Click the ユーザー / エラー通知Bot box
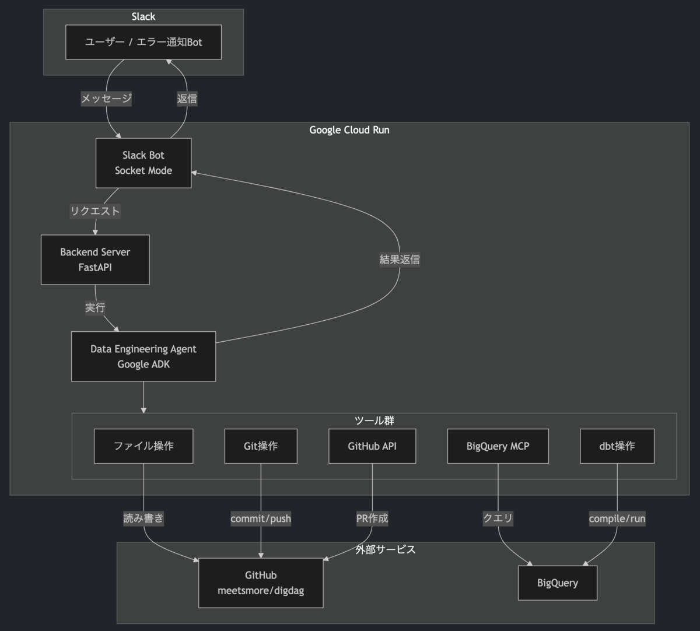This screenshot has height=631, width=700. [x=143, y=42]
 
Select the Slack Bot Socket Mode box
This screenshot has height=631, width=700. [x=143, y=163]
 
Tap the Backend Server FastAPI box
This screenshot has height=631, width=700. [x=95, y=260]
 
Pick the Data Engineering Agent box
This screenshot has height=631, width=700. [x=143, y=356]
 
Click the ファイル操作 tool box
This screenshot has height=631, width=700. [x=143, y=446]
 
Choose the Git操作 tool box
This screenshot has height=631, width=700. [x=261, y=446]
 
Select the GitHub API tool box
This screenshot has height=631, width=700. [x=372, y=446]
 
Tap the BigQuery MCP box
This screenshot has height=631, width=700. [x=498, y=446]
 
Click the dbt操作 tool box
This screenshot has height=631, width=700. [x=617, y=446]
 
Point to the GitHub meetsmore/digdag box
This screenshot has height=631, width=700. [x=261, y=583]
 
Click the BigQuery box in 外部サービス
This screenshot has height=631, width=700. [x=558, y=583]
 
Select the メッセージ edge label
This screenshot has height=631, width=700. [x=106, y=99]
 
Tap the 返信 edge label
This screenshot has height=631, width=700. [x=187, y=99]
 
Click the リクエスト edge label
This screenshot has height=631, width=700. [x=95, y=211]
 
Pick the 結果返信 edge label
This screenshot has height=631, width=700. [x=400, y=260]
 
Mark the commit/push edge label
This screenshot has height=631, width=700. [x=261, y=518]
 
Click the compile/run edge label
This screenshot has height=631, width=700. [x=617, y=518]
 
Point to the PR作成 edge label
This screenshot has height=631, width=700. [x=372, y=518]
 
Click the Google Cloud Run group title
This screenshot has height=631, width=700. [x=349, y=130]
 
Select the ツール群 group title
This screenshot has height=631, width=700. [x=374, y=420]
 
